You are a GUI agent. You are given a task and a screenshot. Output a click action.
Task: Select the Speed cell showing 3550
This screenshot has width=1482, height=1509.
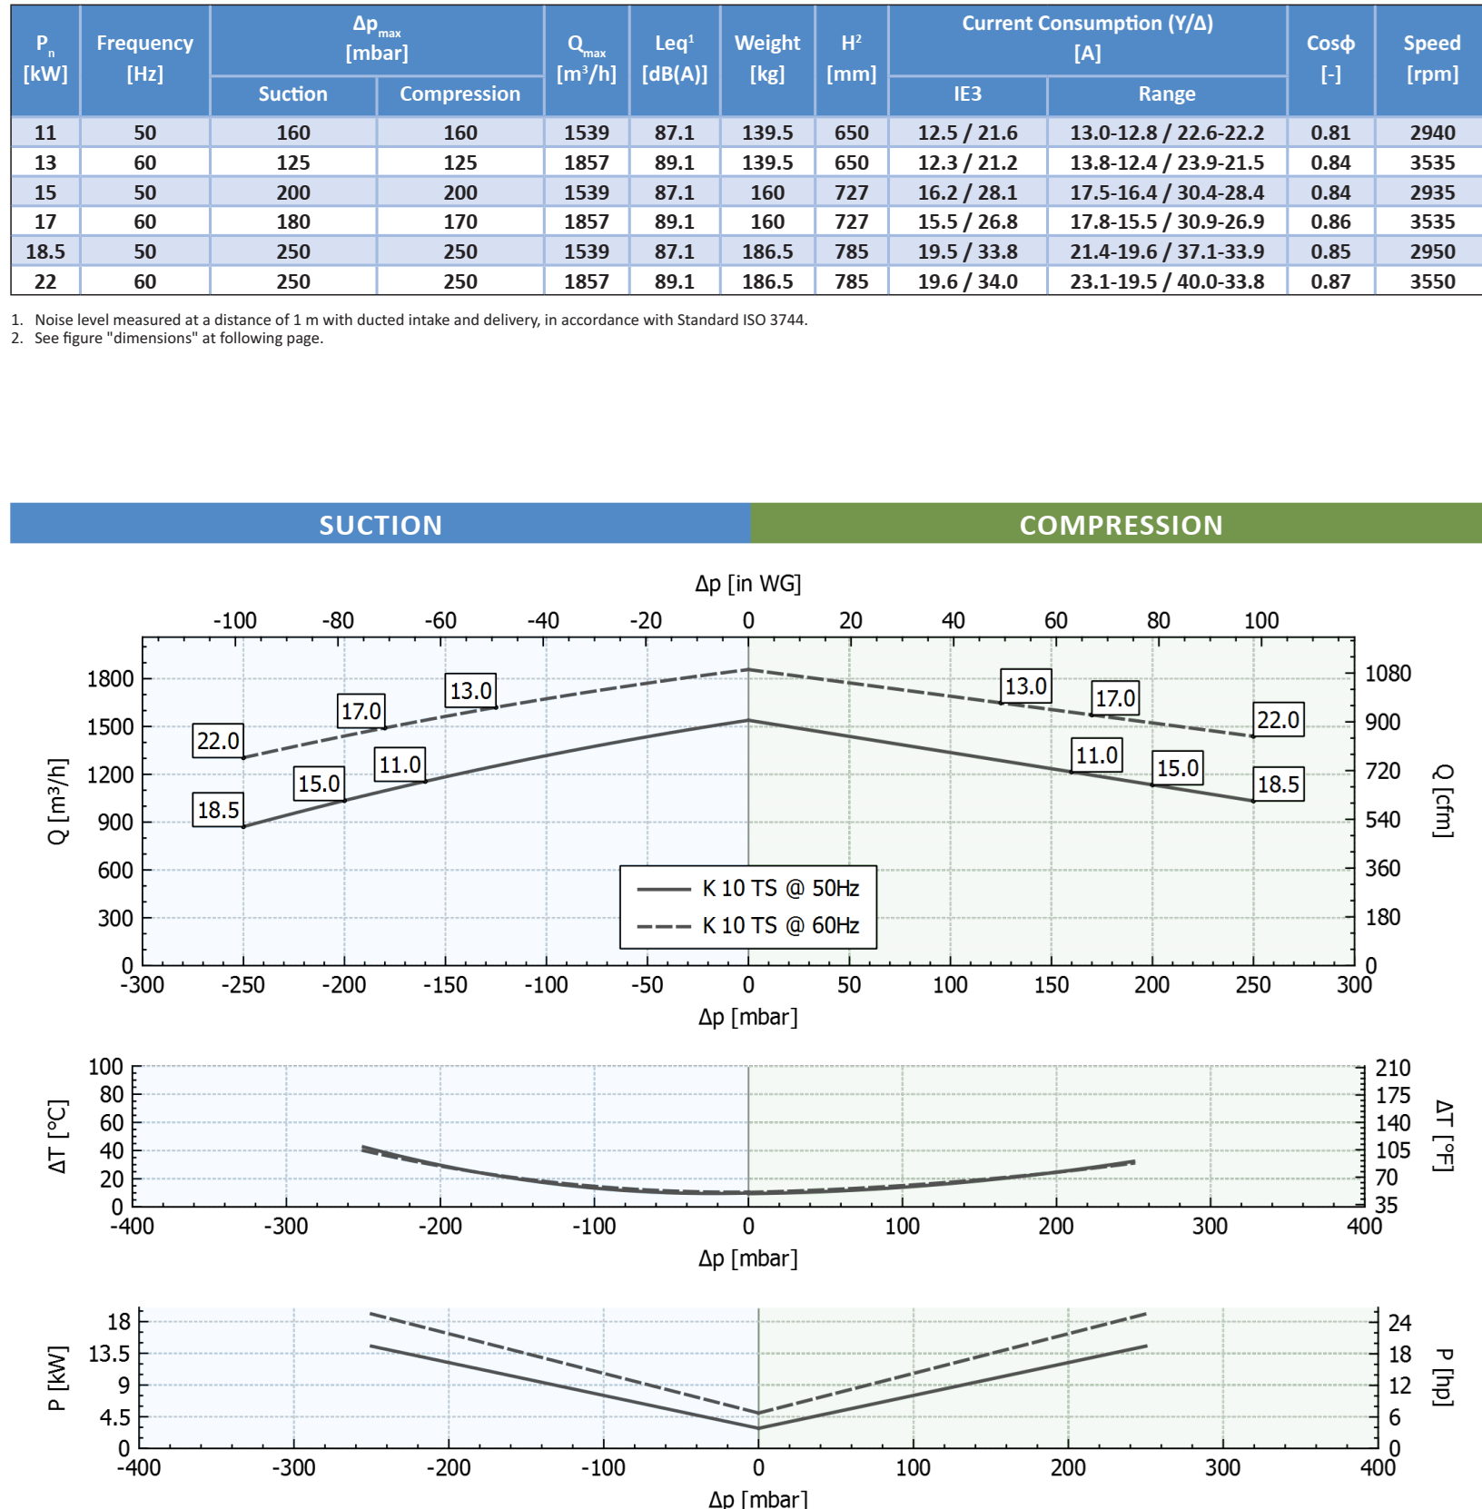coord(1432,281)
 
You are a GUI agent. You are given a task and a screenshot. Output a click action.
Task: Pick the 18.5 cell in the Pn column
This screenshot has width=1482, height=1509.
coord(44,251)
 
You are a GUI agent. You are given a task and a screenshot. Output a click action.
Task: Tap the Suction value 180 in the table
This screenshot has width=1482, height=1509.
coord(292,222)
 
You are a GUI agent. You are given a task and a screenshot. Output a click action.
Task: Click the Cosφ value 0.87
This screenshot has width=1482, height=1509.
coord(1330,281)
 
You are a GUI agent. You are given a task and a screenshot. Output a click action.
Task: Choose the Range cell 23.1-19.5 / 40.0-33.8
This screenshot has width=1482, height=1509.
coord(1167,281)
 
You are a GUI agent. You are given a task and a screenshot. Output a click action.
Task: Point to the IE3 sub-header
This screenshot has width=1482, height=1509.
coord(967,94)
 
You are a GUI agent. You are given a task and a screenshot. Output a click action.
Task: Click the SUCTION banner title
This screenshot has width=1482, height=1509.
coord(380,525)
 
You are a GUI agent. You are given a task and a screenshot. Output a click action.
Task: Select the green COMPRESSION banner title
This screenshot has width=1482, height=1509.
coord(1121,525)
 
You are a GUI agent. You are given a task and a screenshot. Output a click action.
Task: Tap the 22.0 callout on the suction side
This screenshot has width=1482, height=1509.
coord(218,741)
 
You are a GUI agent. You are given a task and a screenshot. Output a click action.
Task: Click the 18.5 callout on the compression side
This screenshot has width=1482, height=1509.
coord(1278,784)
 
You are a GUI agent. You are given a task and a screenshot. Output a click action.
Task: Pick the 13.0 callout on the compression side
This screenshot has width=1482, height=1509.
coord(1026,686)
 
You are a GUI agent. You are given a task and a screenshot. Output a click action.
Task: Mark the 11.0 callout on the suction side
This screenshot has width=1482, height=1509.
coord(400,764)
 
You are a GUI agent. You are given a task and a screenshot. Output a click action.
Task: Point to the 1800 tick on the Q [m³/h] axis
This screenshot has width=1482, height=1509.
coord(110,679)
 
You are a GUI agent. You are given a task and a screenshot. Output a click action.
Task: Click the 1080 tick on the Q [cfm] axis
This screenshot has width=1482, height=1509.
coord(1388,674)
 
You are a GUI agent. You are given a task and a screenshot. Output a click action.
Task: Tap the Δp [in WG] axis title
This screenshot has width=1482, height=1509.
coord(747,584)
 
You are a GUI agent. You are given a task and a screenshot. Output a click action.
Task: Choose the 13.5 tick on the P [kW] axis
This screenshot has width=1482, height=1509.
coord(109,1354)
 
